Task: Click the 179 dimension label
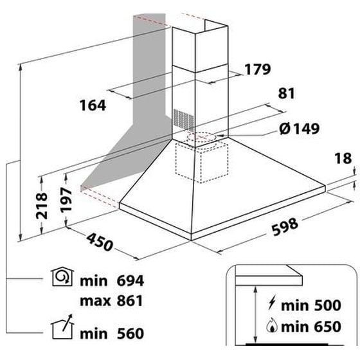point(258,69)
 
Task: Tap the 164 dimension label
point(93,105)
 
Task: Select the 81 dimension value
point(286,94)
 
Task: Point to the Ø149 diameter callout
point(300,129)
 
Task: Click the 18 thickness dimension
point(343,158)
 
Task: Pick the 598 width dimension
point(285,226)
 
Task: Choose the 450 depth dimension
point(100,242)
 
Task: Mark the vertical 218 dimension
point(42,206)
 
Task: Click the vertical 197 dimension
point(66,199)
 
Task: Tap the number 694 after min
point(130,280)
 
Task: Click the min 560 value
point(112,334)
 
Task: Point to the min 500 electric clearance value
point(311,305)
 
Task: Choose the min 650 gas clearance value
point(311,327)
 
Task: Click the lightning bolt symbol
point(272,303)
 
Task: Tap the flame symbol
point(272,325)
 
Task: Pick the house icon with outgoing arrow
point(62,327)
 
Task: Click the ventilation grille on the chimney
point(183,118)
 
